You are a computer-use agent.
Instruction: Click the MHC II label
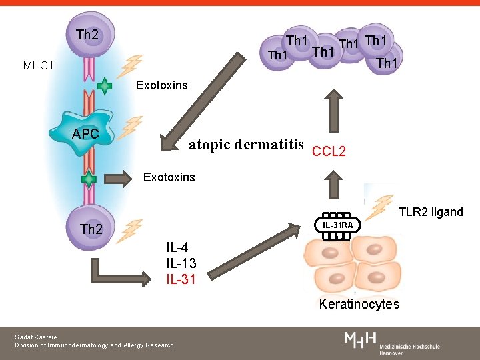pos(39,65)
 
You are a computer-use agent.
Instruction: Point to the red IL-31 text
pos(181,279)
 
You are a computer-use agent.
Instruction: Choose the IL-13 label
pos(181,263)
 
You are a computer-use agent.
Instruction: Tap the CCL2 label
pos(329,151)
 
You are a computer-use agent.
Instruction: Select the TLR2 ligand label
pos(431,212)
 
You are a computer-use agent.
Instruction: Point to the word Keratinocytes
pos(359,305)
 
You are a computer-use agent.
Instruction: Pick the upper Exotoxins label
pos(161,85)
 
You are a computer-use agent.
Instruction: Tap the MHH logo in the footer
pos(361,341)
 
